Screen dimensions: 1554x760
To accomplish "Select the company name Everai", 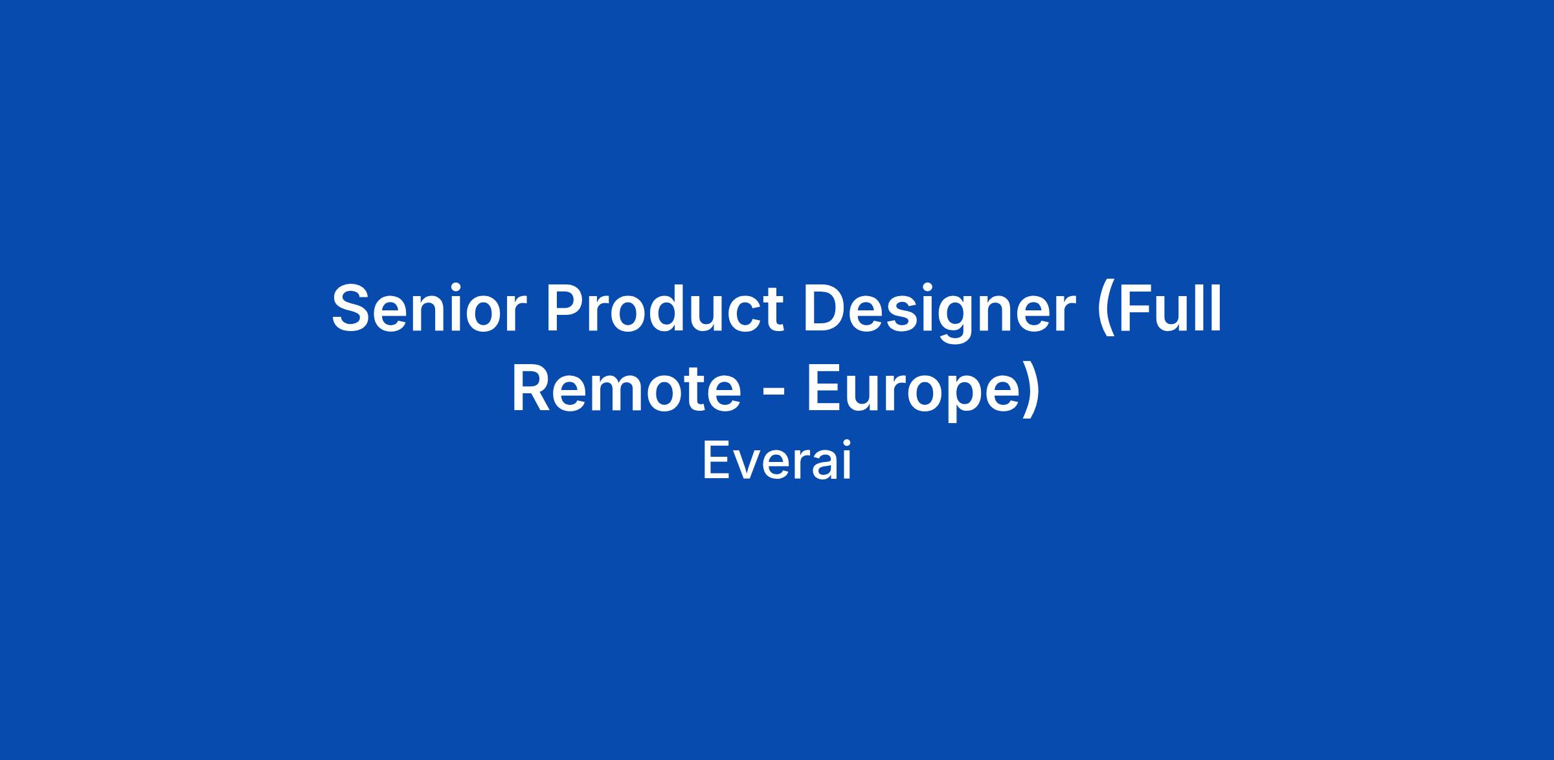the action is coord(776,461).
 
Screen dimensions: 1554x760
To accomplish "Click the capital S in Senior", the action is coord(354,309).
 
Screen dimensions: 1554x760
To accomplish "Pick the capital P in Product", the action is coord(566,309).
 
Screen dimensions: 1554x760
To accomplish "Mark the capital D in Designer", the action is coord(826,309).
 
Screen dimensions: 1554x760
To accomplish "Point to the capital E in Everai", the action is coord(716,461).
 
